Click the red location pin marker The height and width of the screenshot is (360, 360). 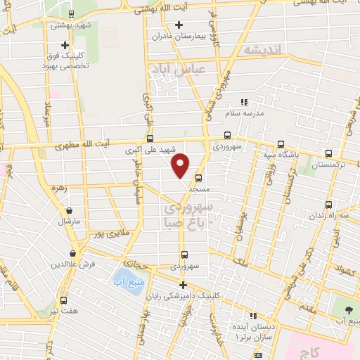[181, 165]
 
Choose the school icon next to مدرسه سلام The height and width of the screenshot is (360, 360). [244, 103]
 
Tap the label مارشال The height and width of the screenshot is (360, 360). [71, 220]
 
